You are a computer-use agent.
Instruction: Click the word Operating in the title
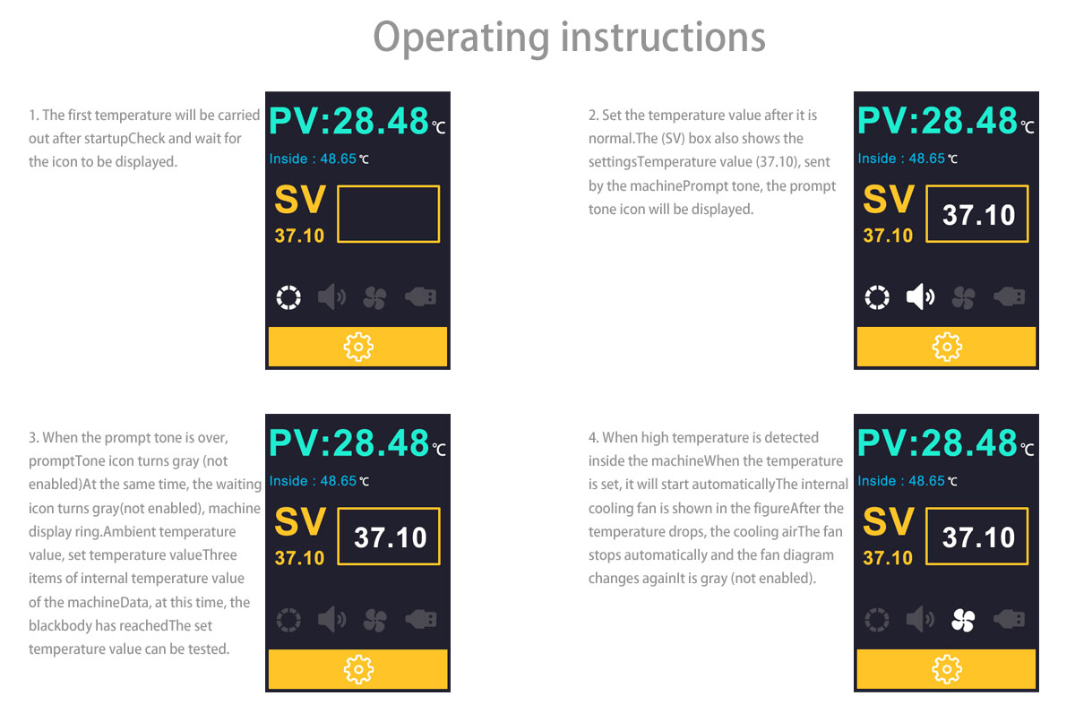(x=461, y=39)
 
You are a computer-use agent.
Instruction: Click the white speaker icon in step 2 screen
(x=920, y=297)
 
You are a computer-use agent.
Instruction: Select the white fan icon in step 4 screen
(x=963, y=620)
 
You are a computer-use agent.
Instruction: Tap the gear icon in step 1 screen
(x=358, y=347)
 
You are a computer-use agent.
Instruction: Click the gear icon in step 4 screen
(x=947, y=669)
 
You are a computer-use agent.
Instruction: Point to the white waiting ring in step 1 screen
(x=277, y=297)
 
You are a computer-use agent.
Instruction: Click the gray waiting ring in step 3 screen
(x=278, y=620)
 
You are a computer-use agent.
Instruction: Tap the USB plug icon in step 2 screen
(x=1010, y=297)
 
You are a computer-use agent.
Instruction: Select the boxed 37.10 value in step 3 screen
(x=391, y=537)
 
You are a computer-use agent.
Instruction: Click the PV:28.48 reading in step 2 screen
(x=937, y=120)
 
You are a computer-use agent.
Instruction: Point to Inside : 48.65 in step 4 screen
(x=901, y=481)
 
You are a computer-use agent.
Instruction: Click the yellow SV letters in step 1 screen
(x=300, y=199)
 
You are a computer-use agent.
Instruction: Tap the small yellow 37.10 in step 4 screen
(x=888, y=558)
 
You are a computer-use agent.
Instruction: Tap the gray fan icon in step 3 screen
(x=374, y=620)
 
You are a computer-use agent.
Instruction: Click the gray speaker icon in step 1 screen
(x=331, y=297)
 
